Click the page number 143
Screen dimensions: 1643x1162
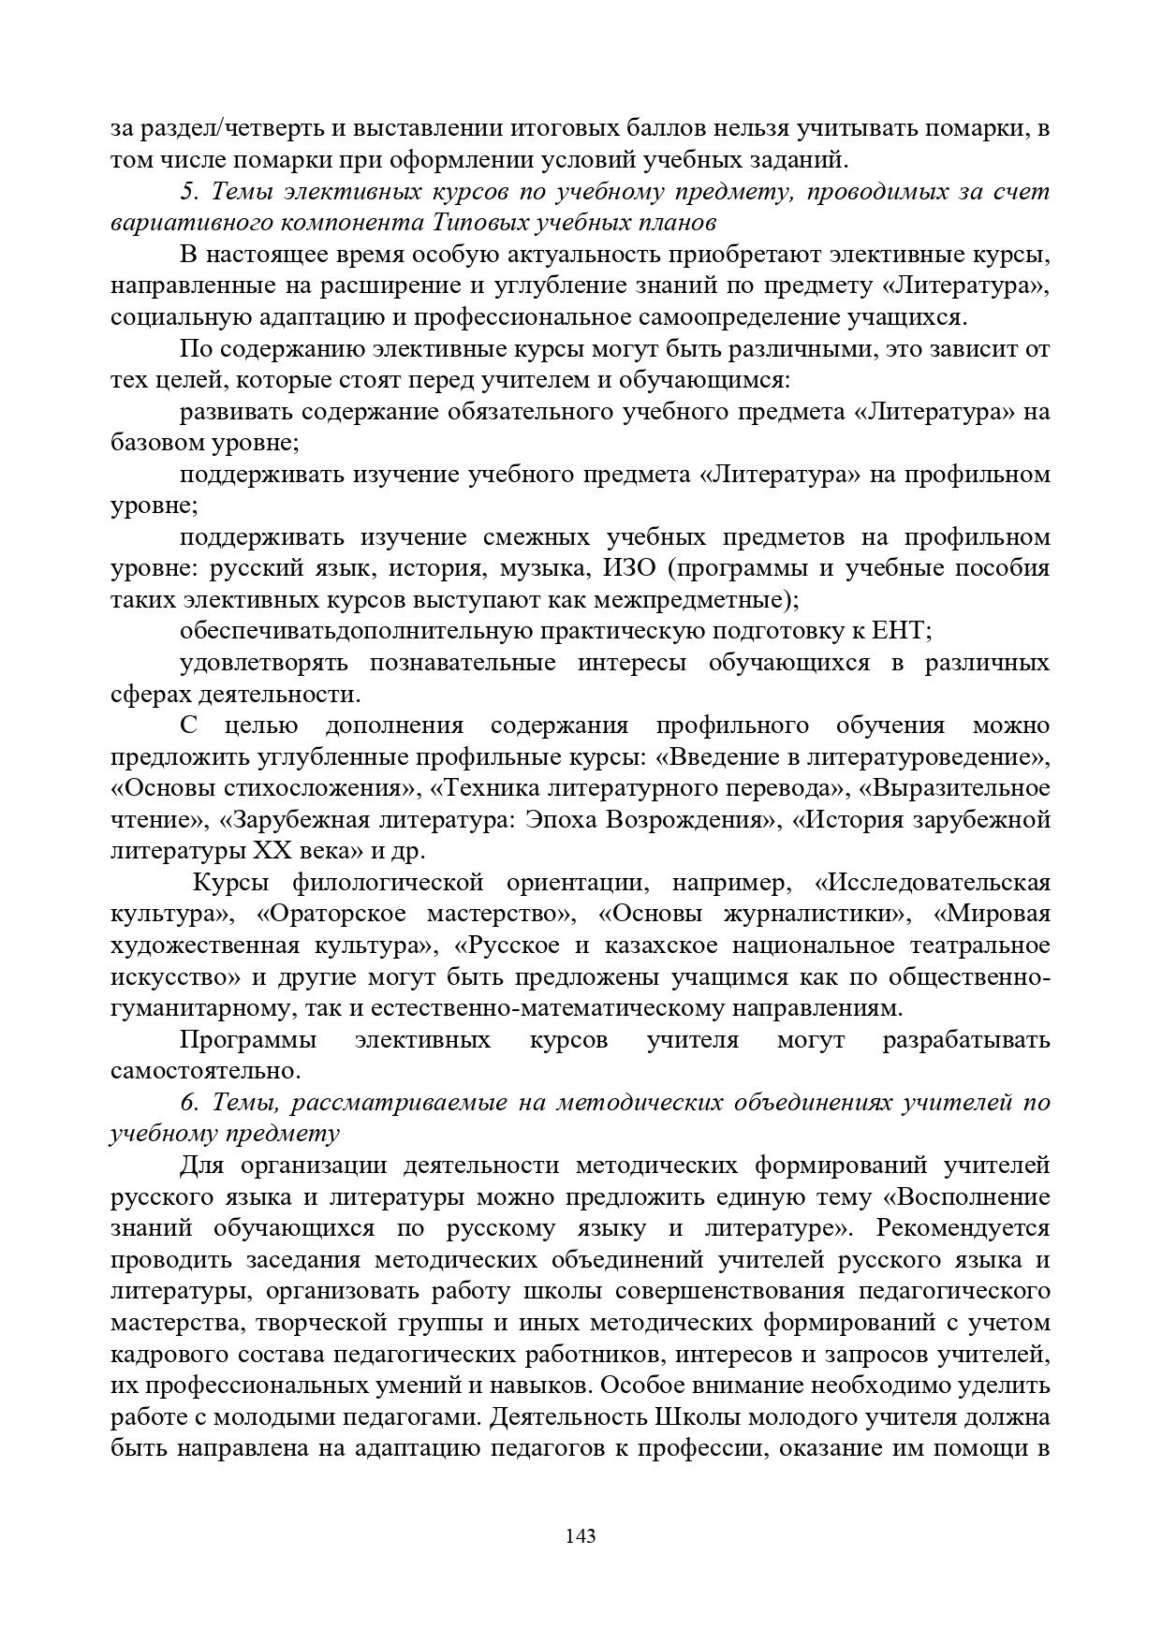tap(581, 1536)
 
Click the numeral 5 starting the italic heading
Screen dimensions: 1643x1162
tap(186, 192)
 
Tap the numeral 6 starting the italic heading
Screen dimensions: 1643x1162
tap(186, 1103)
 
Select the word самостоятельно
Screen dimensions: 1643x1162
tap(204, 1071)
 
